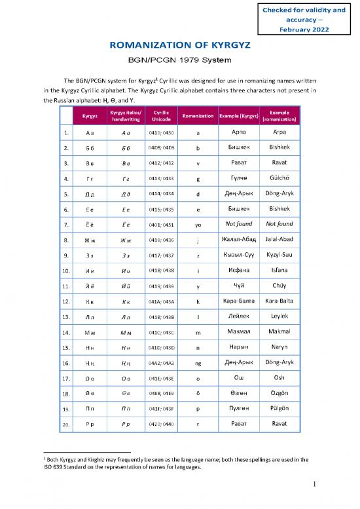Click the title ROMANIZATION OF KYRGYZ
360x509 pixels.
pos(180,47)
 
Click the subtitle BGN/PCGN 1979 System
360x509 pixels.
pos(180,61)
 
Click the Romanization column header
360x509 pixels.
pos(198,116)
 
